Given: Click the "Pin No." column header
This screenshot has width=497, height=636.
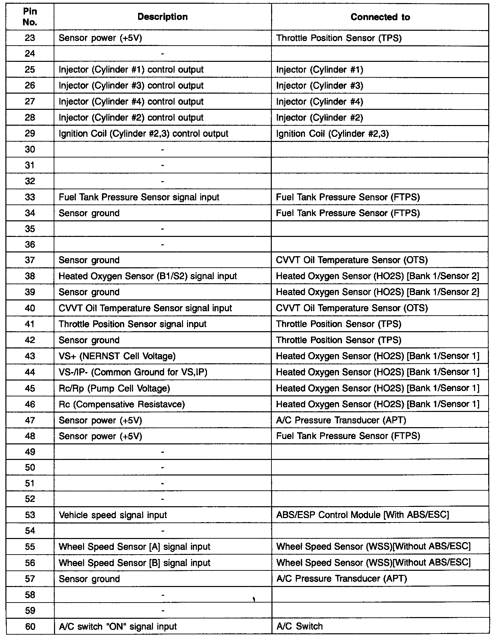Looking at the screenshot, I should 30,17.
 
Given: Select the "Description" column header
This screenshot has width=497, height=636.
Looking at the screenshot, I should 162,17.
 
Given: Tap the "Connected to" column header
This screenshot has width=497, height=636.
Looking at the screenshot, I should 380,17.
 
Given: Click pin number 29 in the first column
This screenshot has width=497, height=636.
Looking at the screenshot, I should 30,133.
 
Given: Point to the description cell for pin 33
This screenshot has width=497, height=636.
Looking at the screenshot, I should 139,197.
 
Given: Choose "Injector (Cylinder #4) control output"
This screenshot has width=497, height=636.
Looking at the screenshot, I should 131,102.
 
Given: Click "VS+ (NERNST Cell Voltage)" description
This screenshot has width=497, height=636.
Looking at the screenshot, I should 117,356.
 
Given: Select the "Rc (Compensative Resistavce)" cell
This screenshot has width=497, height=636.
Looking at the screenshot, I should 122,404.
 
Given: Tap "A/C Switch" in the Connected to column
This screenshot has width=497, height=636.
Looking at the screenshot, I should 299,626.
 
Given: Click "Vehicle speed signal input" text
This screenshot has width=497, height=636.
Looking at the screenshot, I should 113,515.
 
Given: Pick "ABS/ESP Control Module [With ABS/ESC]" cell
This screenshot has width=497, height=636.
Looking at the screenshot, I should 363,515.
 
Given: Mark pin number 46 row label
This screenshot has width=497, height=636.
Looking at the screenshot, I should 30,404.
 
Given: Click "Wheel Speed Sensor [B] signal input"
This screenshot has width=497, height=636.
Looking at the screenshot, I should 134,563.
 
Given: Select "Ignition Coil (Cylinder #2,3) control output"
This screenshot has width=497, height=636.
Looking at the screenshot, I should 143,133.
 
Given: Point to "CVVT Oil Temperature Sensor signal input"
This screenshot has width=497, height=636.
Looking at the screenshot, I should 145,308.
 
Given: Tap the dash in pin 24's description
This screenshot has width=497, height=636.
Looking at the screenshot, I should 163,54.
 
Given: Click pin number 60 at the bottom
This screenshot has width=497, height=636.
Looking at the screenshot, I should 30,626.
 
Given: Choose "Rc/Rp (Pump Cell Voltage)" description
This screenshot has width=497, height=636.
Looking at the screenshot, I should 114,388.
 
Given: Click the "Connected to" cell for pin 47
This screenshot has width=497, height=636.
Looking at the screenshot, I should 341,420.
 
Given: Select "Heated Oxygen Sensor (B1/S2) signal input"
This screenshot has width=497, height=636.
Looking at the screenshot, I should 148,276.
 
